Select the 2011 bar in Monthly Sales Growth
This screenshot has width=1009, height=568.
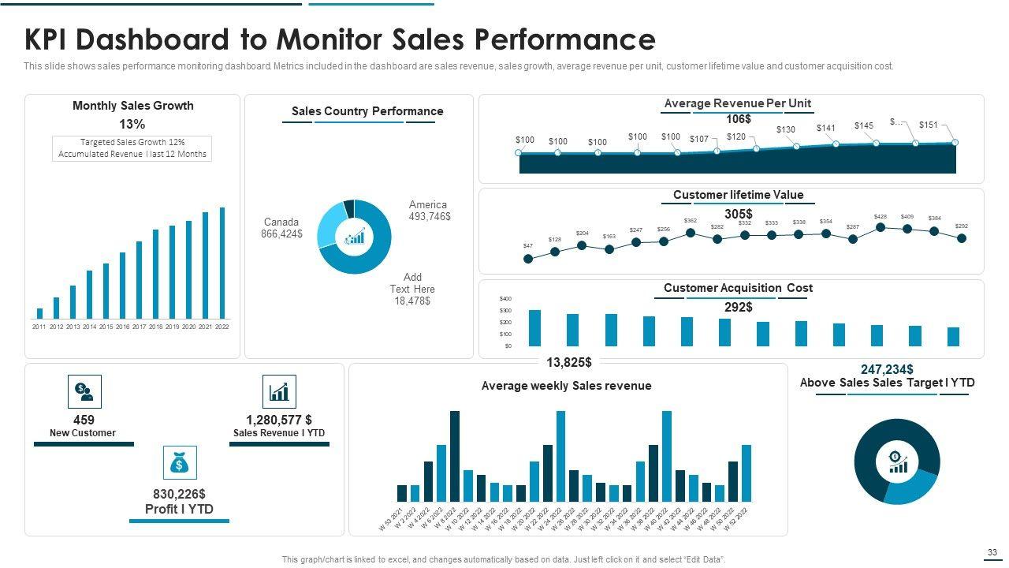39,313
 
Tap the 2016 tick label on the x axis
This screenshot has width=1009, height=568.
123,327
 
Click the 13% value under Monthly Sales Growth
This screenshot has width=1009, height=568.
132,124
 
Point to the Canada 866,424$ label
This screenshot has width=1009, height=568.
281,228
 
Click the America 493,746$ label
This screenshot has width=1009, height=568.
430,211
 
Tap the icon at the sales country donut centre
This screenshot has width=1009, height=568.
354,237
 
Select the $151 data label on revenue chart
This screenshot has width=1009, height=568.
929,125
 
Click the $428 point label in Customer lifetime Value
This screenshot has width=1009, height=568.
881,216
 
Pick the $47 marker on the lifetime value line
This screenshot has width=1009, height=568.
528,259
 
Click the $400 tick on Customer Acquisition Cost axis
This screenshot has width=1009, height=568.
505,299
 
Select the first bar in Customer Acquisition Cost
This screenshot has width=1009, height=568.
534,327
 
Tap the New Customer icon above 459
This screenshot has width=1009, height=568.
84,391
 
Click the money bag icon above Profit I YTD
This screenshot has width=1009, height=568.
180,463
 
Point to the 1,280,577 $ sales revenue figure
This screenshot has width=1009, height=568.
279,420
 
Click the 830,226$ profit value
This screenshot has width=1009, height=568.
179,494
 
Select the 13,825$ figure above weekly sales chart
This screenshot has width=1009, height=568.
569,362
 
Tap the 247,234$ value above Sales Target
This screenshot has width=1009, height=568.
887,369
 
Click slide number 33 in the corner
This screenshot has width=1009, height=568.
992,552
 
